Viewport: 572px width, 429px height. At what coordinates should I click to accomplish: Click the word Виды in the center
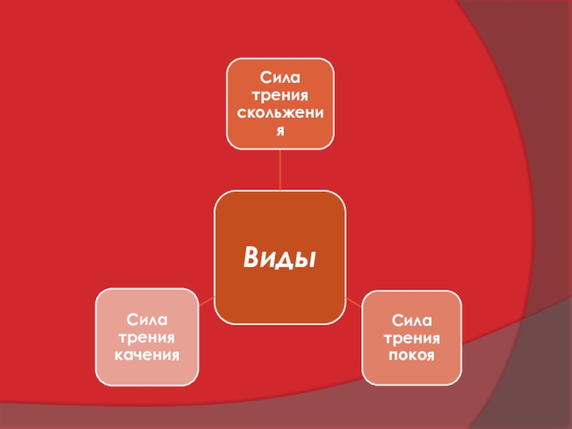pos(280,257)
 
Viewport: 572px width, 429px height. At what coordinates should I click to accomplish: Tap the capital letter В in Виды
pos(252,257)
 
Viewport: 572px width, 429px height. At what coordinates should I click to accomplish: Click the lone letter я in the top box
pos(280,131)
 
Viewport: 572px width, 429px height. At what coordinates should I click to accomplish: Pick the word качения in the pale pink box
pos(148,354)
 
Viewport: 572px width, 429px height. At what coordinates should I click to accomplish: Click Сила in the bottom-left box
pos(148,317)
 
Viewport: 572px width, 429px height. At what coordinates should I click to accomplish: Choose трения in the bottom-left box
pos(148,335)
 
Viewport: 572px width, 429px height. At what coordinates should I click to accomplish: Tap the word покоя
pos(411,355)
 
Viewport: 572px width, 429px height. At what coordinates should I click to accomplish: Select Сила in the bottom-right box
pos(411,318)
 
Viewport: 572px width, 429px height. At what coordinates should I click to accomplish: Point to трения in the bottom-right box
pos(411,337)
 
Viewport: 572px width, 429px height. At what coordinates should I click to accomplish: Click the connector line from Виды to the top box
pos(280,170)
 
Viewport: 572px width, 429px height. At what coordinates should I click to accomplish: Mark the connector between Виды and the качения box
pos(206,301)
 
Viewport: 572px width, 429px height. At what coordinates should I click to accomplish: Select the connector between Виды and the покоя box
pos(353,301)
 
